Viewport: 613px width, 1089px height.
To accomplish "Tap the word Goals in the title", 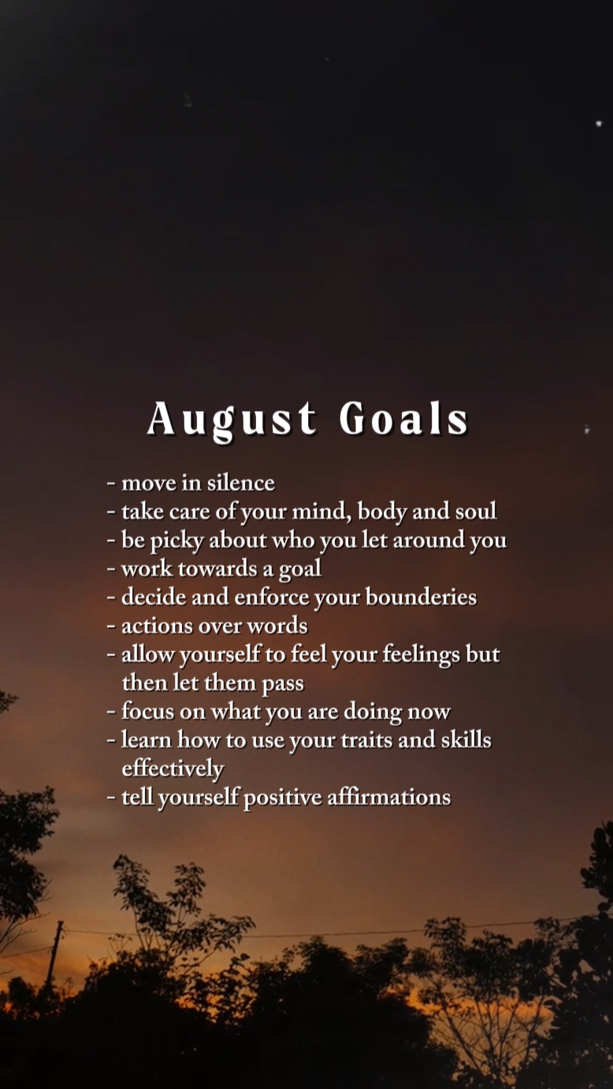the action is (403, 419).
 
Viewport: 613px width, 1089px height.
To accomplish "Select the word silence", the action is (241, 482).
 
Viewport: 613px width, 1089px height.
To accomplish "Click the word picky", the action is (176, 542).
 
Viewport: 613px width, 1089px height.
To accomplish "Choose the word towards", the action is (217, 569).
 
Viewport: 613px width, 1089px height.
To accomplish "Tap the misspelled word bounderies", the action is (421, 597).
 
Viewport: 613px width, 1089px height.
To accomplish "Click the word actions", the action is (157, 626).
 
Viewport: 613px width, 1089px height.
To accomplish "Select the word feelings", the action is (421, 655).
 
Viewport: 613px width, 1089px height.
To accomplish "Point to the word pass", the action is (283, 684).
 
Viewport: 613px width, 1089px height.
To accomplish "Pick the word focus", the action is (147, 711).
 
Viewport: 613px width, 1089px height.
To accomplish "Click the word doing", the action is (373, 713).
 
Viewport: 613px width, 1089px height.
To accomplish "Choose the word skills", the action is (466, 740).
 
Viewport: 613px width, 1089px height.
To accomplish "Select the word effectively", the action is (173, 769).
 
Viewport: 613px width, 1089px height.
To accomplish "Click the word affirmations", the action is (388, 798).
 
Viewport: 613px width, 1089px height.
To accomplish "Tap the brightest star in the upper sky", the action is (599, 124).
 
